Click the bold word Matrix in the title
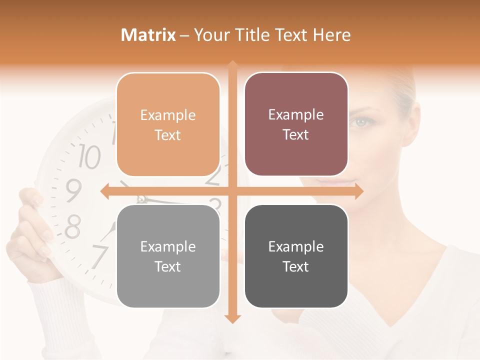148,35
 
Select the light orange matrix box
168,124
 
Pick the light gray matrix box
168,256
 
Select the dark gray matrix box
296,256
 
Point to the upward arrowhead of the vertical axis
232,65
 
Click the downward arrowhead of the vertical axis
232,318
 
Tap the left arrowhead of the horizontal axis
105,191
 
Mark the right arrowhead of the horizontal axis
359,191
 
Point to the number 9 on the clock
73,190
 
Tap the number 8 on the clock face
73,227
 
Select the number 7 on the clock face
99,256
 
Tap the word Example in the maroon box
296,114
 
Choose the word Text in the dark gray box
296,266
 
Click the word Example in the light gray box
168,246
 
